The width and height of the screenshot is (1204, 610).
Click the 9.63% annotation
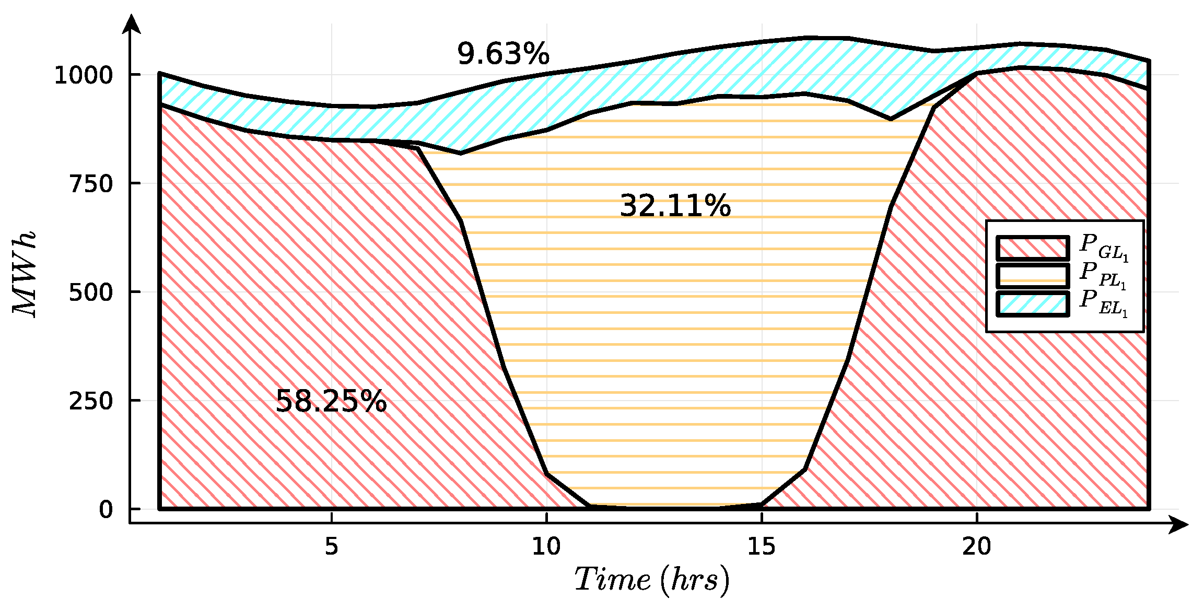pos(503,54)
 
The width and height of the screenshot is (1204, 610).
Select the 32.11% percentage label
pos(675,206)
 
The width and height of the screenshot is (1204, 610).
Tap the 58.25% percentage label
pos(331,402)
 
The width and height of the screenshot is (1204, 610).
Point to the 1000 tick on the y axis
pos(84,75)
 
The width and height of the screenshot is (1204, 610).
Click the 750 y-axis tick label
pos(91,184)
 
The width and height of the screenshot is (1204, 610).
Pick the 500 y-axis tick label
pos(91,292)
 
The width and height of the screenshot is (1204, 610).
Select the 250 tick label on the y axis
pos(91,401)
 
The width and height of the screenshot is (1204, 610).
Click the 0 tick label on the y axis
pos(106,509)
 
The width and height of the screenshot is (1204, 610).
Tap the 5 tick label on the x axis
pos(331,546)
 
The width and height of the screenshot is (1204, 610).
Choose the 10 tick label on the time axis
pos(546,546)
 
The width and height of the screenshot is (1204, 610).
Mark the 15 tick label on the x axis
pos(762,546)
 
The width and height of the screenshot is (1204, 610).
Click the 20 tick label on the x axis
pos(976,546)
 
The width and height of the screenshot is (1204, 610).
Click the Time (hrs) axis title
pos(652,580)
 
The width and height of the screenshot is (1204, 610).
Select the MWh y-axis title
pos(25,274)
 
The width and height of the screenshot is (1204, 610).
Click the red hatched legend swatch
pos(1032,248)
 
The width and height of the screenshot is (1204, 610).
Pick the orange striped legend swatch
pos(1032,276)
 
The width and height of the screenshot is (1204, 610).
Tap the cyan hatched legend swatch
pos(1032,304)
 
